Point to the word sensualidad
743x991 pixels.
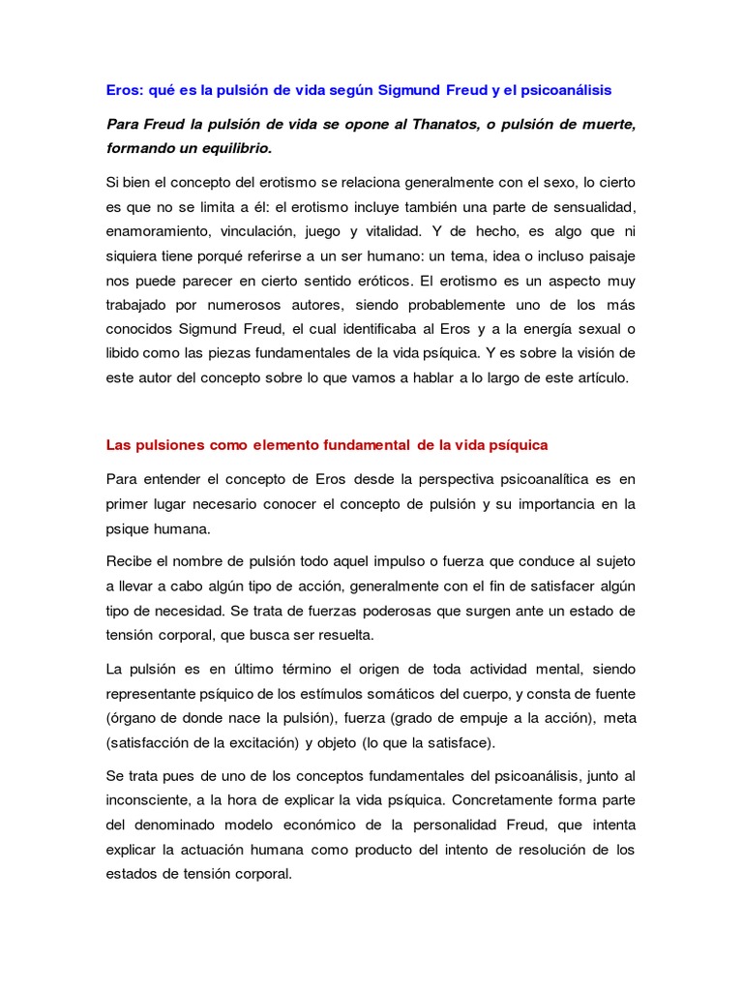point(595,207)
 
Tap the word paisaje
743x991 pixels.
point(606,257)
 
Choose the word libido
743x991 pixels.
point(126,352)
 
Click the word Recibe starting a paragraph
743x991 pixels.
point(129,561)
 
